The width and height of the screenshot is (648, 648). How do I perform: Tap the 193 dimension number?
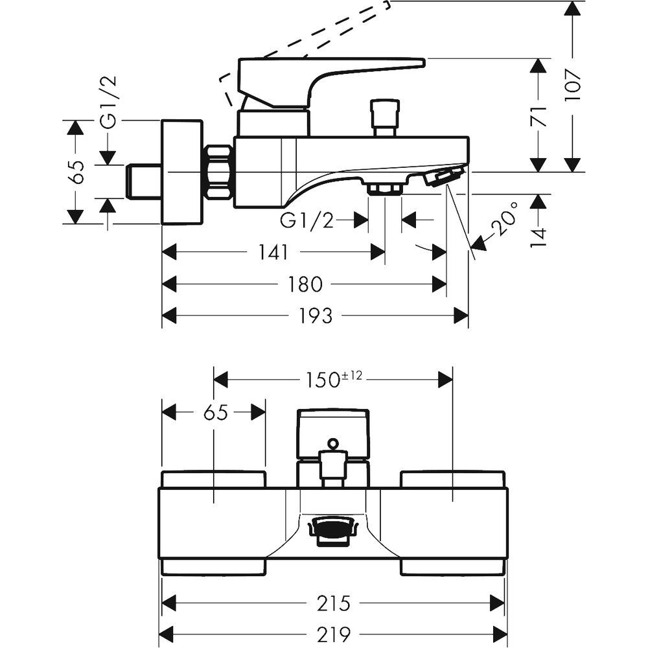tap(316, 316)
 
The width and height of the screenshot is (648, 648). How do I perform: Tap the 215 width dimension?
tap(334, 603)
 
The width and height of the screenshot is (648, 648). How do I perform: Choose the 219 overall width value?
tap(334, 632)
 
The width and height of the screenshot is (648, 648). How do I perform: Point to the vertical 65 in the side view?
tap(76, 172)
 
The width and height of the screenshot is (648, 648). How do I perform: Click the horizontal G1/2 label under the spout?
tap(307, 221)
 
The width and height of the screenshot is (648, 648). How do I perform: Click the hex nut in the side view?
tap(218, 173)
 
